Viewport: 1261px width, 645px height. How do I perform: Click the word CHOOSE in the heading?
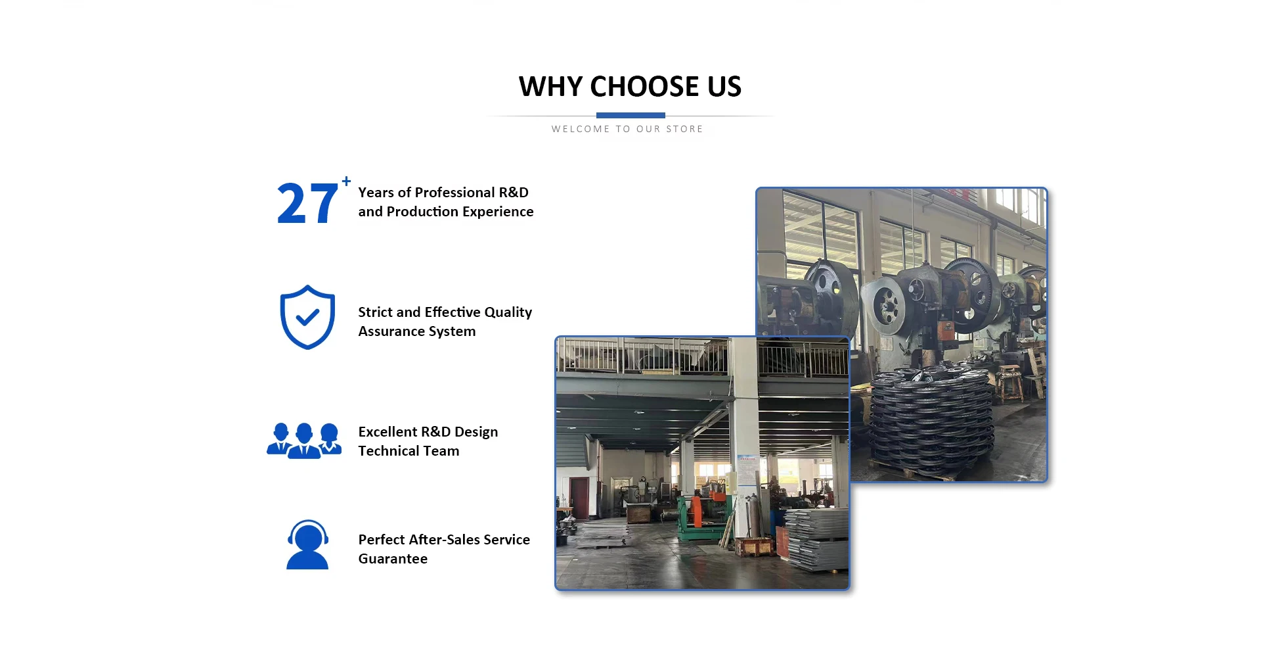(644, 87)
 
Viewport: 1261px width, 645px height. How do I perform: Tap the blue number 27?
(307, 204)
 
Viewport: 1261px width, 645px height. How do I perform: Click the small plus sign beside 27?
(346, 181)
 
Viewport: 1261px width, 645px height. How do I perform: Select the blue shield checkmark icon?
(307, 317)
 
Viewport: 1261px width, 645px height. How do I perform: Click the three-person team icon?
(304, 441)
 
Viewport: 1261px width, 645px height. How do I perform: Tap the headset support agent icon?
(307, 544)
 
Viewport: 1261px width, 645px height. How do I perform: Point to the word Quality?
(508, 313)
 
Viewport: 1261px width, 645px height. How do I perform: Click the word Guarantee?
(393, 559)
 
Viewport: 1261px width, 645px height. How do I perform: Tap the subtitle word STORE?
(684, 129)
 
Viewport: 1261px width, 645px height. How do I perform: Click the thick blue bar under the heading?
(630, 115)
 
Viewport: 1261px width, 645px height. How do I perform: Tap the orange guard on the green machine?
(694, 512)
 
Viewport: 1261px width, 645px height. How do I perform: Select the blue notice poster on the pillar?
(747, 469)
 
